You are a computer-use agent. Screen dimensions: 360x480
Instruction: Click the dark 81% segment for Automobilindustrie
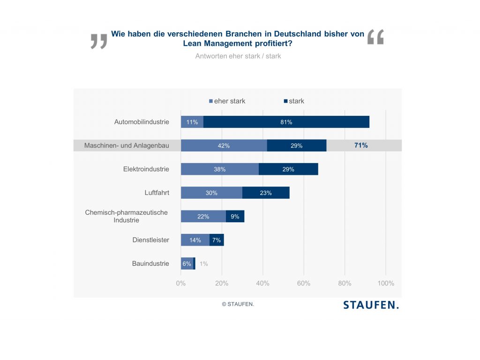click(x=286, y=122)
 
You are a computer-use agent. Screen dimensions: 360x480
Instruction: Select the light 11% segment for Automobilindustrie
click(x=192, y=122)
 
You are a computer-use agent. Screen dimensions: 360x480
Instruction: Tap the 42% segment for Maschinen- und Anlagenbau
click(x=224, y=146)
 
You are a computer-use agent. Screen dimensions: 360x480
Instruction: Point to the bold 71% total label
click(x=361, y=145)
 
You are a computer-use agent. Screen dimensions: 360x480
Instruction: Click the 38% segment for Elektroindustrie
click(x=219, y=169)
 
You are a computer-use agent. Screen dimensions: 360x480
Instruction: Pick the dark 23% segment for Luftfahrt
click(x=266, y=193)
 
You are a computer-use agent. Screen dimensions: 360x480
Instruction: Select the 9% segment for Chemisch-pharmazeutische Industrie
click(x=235, y=217)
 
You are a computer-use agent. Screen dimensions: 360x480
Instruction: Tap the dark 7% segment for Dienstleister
click(x=217, y=240)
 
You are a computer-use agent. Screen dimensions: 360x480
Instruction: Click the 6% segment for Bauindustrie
click(x=187, y=263)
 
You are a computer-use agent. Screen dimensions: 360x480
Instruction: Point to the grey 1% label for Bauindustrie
click(x=204, y=263)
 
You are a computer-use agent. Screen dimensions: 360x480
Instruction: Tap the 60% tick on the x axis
click(x=304, y=283)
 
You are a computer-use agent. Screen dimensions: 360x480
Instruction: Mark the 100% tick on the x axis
click(x=386, y=283)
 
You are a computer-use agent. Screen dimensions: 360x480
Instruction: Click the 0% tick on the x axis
click(x=181, y=283)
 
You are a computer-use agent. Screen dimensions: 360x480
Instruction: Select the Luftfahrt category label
click(x=157, y=192)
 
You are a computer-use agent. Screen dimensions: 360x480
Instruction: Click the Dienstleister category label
click(x=150, y=240)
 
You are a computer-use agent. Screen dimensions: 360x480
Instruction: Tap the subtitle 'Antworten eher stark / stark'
click(x=238, y=56)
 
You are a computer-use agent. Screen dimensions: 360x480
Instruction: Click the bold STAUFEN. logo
click(x=371, y=305)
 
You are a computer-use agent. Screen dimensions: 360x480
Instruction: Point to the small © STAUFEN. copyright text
click(x=238, y=304)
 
